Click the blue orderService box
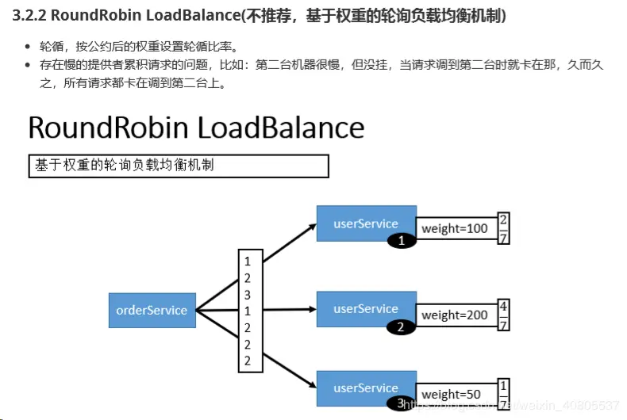click(152, 310)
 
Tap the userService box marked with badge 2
click(366, 307)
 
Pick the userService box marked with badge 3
click(366, 387)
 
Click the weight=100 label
click(455, 228)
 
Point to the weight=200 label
click(455, 315)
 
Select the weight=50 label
click(452, 394)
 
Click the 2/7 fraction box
click(503, 228)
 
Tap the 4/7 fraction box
click(503, 315)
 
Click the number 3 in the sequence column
click(248, 294)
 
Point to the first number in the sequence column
click(248, 261)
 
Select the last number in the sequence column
click(248, 361)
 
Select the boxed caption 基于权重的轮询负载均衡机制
click(179, 165)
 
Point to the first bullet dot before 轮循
click(29, 48)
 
